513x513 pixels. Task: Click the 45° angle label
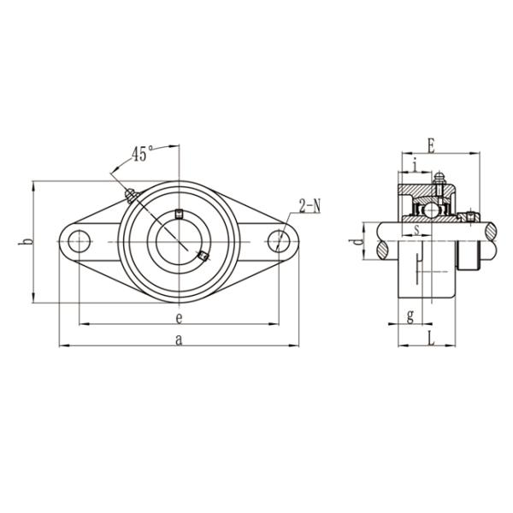point(142,154)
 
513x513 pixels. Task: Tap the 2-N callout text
point(310,206)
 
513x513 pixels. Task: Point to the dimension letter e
point(179,318)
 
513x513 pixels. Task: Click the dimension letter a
point(179,339)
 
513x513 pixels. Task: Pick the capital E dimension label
point(432,146)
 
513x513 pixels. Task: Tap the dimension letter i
point(415,165)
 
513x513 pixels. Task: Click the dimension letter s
point(416,230)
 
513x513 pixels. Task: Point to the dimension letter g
point(410,316)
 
